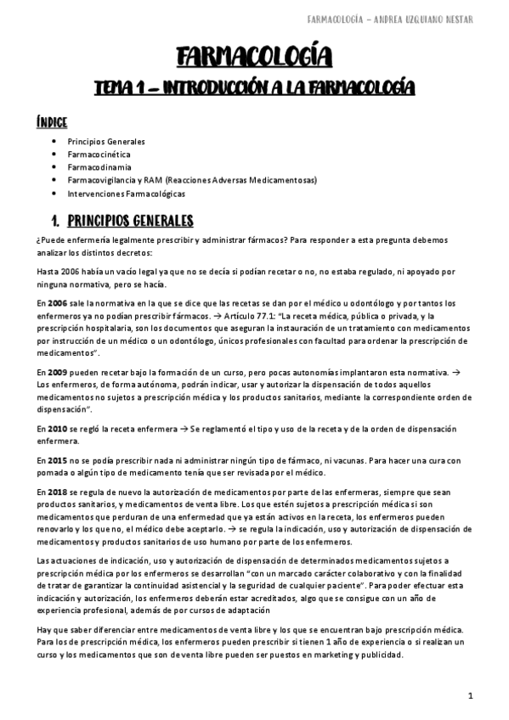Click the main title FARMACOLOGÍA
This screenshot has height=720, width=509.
click(x=254, y=57)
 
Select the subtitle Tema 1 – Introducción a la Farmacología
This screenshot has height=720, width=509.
click(x=254, y=87)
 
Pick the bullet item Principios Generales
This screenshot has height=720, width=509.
click(x=105, y=142)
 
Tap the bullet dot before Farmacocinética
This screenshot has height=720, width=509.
click(x=54, y=155)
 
